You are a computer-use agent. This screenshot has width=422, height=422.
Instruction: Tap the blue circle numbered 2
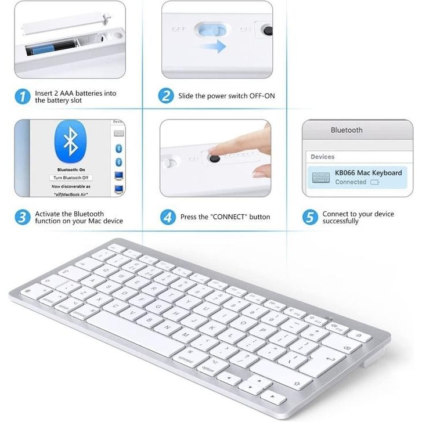click(x=167, y=96)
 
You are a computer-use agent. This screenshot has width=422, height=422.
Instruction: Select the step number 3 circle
click(x=21, y=217)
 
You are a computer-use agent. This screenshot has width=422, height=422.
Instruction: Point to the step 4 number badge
click(x=167, y=217)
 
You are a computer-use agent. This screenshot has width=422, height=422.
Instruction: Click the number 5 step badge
click(x=311, y=217)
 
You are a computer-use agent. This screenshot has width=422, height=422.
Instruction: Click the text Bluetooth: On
click(x=71, y=169)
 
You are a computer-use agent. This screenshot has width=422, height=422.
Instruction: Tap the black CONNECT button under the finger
click(x=214, y=157)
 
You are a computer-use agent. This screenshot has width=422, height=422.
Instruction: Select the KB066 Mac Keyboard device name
click(x=368, y=173)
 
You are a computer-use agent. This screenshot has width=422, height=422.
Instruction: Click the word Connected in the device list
click(x=351, y=182)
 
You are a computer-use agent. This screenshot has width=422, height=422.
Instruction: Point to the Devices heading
click(x=322, y=157)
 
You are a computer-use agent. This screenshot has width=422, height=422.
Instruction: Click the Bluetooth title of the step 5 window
click(x=347, y=131)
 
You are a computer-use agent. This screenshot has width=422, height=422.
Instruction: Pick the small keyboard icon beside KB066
click(x=320, y=177)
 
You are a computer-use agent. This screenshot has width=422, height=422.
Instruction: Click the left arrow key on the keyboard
click(x=230, y=378)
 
